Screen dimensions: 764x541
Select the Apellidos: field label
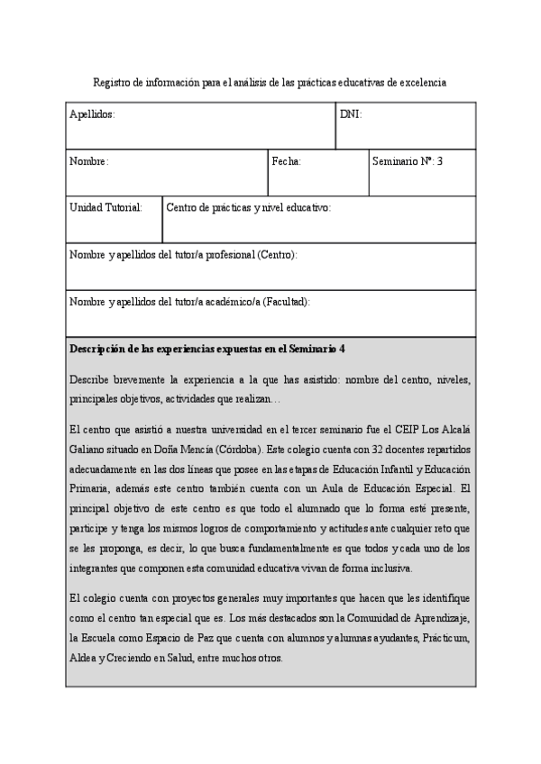tap(92, 114)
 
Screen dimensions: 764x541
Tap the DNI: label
tap(351, 114)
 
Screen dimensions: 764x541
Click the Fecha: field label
tap(286, 161)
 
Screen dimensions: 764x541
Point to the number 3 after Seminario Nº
tap(440, 161)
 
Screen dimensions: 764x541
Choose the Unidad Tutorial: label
tap(105, 207)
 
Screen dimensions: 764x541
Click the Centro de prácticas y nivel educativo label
tap(248, 207)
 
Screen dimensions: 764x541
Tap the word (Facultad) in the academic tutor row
tap(286, 302)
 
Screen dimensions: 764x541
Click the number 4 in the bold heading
tap(343, 349)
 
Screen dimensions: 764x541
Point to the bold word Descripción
tap(99, 349)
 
